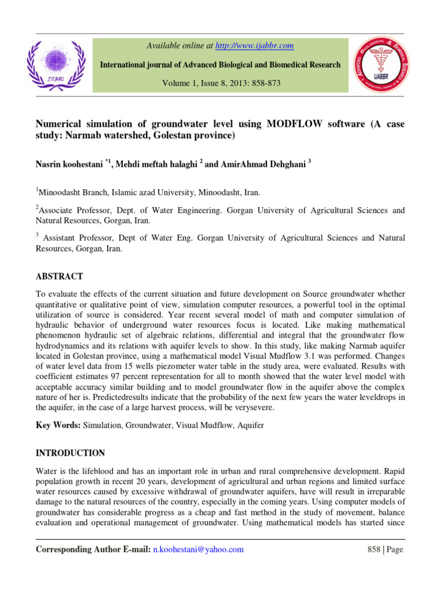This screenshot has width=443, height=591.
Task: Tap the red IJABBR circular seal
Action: [x=387, y=64]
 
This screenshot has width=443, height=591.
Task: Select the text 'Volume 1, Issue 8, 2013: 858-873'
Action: [x=220, y=83]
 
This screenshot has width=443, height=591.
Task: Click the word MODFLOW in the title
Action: [x=293, y=124]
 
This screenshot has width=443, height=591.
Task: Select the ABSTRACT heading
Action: [x=59, y=276]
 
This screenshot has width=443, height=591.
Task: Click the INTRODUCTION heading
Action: [x=70, y=453]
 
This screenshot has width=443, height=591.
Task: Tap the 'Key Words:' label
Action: [x=58, y=425]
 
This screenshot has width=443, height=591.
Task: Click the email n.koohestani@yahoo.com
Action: [x=198, y=549]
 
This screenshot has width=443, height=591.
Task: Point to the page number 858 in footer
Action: [x=374, y=549]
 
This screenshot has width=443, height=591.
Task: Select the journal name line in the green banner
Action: [x=220, y=65]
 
